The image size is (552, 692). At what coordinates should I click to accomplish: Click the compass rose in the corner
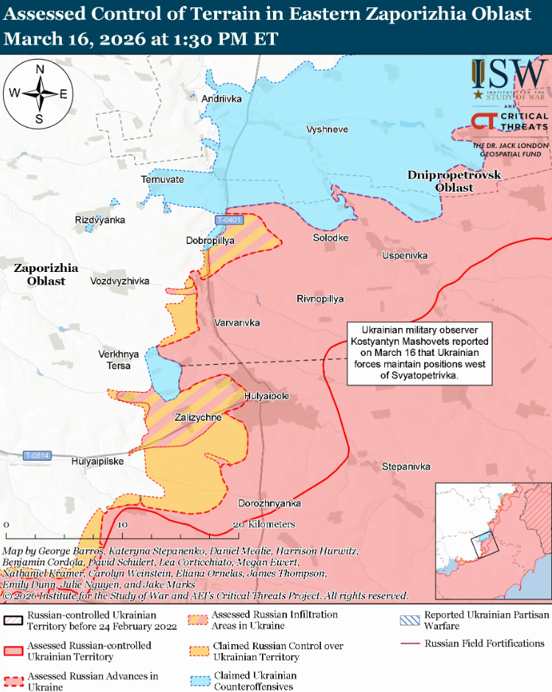pos(39,94)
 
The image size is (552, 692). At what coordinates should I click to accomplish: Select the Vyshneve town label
pos(327,129)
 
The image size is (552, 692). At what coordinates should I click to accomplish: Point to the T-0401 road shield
pos(229,220)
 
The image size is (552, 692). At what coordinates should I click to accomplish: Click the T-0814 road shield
pos(36,455)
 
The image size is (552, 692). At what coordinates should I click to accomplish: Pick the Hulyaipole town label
pos(266,396)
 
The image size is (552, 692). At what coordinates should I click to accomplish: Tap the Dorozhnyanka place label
pos(270,503)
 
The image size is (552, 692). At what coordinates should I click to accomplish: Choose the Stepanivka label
pos(406,466)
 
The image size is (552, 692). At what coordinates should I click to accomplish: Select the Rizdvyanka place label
pos(100,220)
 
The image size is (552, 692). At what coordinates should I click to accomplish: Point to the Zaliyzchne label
pos(198,417)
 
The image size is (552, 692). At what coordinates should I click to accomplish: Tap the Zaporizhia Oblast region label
pos(46,275)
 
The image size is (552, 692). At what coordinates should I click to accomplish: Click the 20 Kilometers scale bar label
pos(264,524)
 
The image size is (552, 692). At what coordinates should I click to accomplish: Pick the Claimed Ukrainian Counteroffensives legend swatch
pos(199,681)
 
